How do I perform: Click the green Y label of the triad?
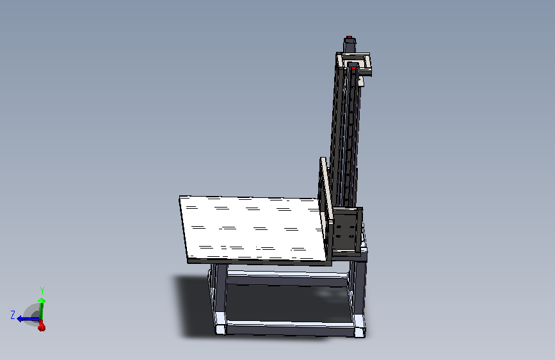42,291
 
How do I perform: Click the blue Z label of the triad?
13,315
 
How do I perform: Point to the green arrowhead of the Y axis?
42,301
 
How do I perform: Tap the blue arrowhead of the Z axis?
20,319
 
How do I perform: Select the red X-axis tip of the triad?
42,326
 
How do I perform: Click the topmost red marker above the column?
350,37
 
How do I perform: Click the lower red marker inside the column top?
353,68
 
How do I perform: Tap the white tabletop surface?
252,228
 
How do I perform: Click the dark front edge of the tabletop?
259,262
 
